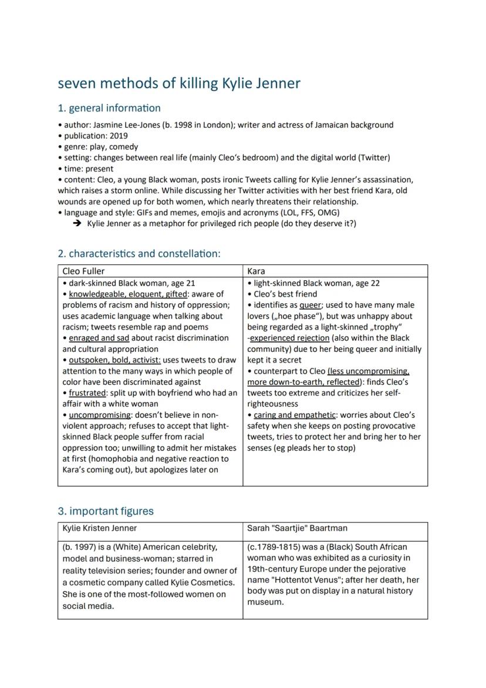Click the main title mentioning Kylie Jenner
point(179,83)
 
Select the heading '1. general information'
point(109,108)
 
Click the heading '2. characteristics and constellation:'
point(139,254)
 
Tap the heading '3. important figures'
point(106,511)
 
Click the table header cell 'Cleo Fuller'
point(84,271)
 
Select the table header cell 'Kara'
point(256,271)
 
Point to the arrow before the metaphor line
point(77,224)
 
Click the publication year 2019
point(116,136)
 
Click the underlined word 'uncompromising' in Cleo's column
point(99,415)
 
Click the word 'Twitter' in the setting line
point(373,157)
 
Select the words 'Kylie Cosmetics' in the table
point(203,582)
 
